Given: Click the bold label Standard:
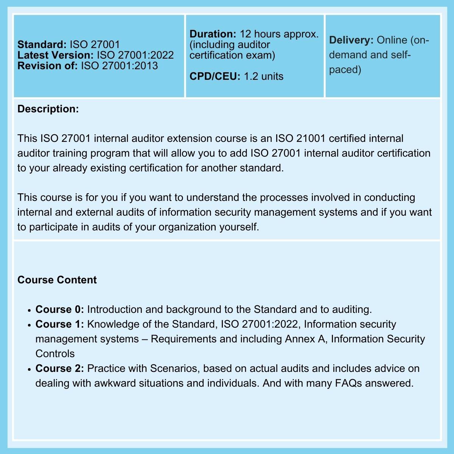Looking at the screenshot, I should [x=42, y=45].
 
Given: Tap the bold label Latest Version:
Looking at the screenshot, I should [x=55, y=55].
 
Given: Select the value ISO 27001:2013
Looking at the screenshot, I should [x=119, y=66].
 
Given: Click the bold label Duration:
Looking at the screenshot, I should [x=213, y=34].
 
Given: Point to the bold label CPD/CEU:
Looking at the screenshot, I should [x=215, y=76].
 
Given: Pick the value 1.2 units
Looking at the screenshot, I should [x=263, y=76].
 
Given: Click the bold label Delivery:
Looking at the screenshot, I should [x=351, y=40].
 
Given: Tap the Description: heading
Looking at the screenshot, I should [x=48, y=109].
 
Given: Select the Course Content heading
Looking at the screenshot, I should [x=57, y=280].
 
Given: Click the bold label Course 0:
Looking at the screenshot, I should [x=60, y=309].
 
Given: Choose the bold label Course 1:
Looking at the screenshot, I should [x=60, y=324].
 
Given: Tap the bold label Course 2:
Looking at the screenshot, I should [x=60, y=368].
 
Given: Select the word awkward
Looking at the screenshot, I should [x=115, y=383].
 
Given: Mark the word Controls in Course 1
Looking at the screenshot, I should [x=55, y=354].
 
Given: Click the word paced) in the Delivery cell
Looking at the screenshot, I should [x=345, y=70].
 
